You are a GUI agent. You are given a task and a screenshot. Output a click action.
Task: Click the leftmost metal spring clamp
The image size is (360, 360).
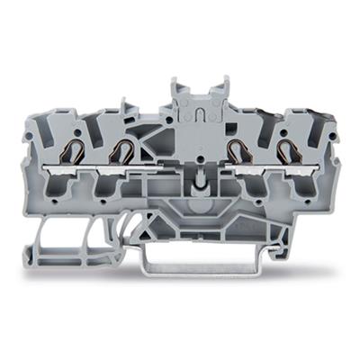pyautogui.click(x=75, y=152)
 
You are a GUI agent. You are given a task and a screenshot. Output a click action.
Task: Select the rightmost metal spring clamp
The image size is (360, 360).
pyautogui.click(x=288, y=152)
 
